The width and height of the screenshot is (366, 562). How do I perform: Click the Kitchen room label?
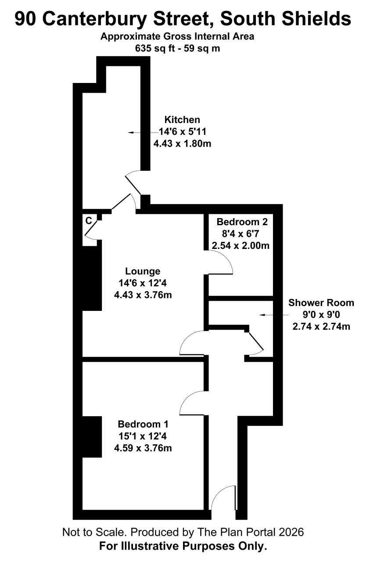[182, 120]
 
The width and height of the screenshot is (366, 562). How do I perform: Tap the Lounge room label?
[143, 271]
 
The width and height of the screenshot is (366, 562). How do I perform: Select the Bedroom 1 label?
[143, 424]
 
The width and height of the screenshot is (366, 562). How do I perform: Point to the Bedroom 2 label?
[242, 222]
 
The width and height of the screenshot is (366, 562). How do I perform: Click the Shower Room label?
[321, 303]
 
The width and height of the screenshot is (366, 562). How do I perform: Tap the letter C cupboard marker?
[89, 221]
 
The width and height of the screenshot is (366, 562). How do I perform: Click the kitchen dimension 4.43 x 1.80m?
[182, 144]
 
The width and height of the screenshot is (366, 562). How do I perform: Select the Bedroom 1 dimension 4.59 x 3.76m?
[143, 448]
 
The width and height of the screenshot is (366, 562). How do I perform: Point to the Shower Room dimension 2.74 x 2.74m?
[321, 326]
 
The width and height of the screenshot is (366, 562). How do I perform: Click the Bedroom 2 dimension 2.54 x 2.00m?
[240, 245]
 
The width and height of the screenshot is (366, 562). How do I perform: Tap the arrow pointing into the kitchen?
[144, 132]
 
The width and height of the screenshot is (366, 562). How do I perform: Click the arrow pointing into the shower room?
[274, 315]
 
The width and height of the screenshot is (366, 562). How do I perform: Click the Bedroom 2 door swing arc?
[227, 259]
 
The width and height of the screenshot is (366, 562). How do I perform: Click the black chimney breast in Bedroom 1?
[92, 437]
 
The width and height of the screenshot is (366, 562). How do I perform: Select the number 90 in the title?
[25, 19]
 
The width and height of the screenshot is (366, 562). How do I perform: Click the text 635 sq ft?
[154, 48]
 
